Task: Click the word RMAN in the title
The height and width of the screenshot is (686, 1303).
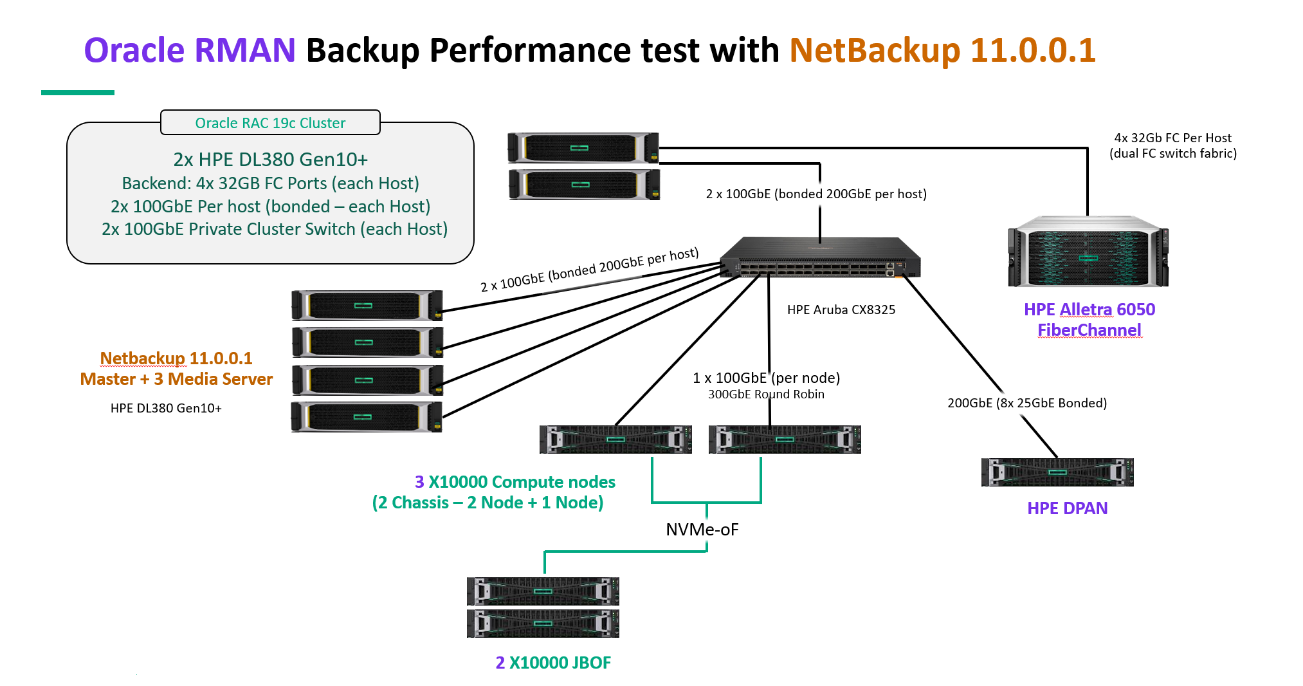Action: click(x=244, y=50)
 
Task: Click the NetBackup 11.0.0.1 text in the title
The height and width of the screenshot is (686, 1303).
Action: click(x=942, y=50)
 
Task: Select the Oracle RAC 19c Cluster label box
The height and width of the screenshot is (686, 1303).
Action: click(x=270, y=122)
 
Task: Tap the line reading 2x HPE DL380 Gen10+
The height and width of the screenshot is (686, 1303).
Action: click(x=270, y=160)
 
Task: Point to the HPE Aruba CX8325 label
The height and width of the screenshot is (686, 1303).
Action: click(x=841, y=310)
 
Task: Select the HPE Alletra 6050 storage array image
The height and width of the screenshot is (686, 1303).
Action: click(x=1088, y=253)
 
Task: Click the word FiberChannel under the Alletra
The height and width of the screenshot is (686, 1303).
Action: click(x=1089, y=330)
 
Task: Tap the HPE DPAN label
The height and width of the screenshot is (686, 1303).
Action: click(x=1067, y=508)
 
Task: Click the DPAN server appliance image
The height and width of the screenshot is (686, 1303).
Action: click(x=1057, y=472)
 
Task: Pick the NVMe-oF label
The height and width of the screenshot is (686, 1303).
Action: click(x=702, y=530)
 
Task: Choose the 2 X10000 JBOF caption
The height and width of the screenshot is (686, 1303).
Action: click(x=553, y=663)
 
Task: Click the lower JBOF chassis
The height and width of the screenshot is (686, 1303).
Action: click(x=543, y=624)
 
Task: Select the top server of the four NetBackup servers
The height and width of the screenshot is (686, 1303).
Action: click(x=367, y=306)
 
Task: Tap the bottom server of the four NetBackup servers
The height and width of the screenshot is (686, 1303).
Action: click(x=367, y=417)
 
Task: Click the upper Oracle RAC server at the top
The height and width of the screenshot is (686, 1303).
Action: click(x=583, y=147)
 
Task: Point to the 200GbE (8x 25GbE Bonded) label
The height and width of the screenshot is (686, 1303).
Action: click(x=1026, y=403)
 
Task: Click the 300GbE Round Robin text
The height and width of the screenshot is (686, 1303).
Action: click(x=765, y=394)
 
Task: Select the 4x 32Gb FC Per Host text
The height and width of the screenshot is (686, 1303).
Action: click(x=1172, y=138)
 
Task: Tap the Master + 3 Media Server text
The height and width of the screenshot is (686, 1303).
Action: click(x=176, y=379)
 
